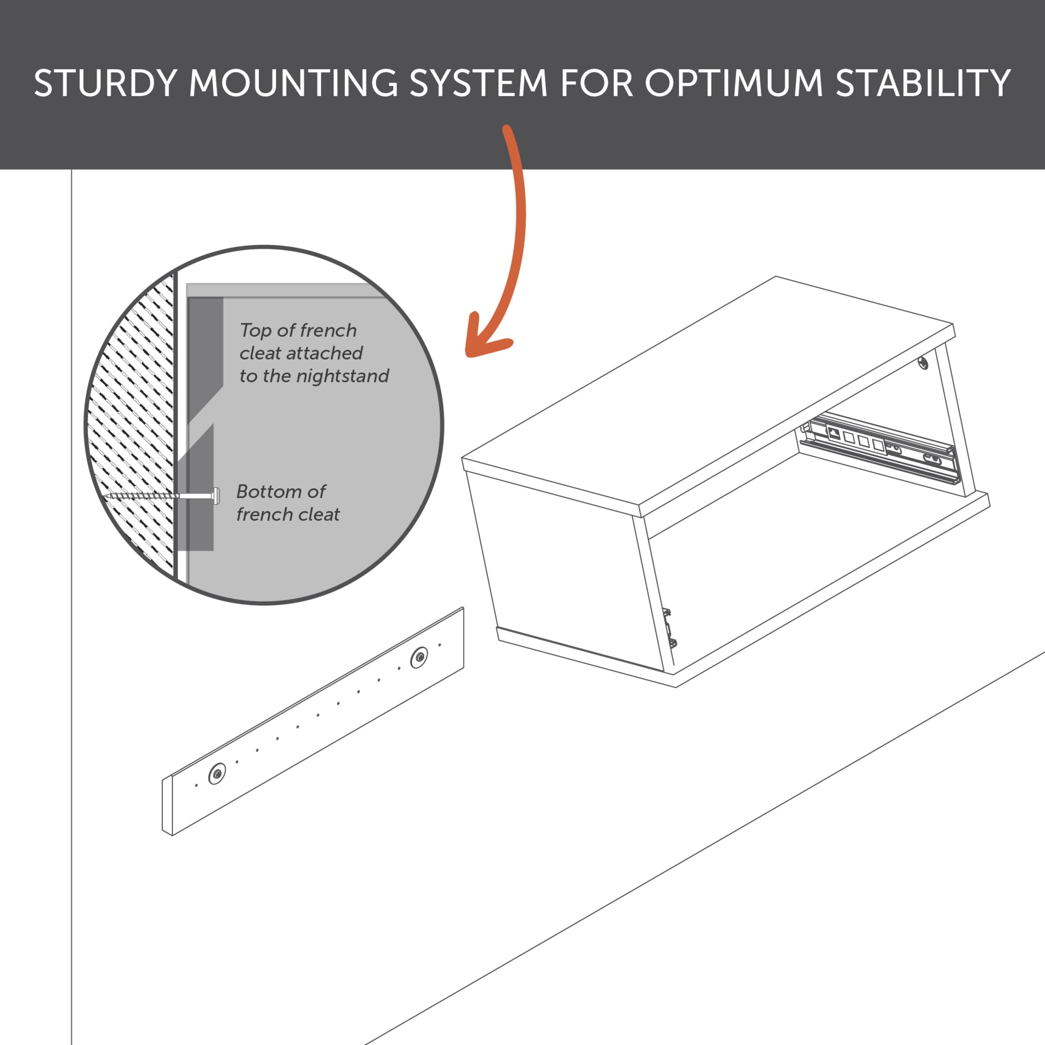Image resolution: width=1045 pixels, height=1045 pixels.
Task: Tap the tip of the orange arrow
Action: click(468, 354)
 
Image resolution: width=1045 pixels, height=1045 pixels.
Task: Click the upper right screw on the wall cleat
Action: click(418, 658)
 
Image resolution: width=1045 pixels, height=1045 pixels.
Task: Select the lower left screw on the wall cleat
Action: click(218, 773)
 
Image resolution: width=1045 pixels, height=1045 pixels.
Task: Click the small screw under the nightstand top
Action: click(924, 363)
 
